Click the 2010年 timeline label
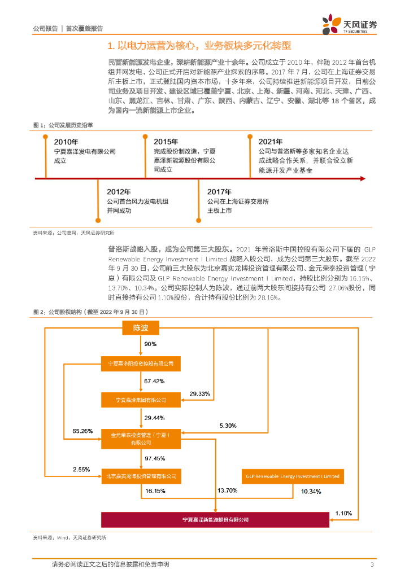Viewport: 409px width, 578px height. click(x=66, y=142)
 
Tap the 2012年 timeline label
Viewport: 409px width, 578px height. click(x=119, y=192)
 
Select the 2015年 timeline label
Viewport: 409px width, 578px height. click(x=166, y=142)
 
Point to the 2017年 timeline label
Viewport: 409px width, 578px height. click(x=219, y=192)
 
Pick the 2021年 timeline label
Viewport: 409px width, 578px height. click(x=271, y=142)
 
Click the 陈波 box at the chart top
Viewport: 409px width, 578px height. click(x=140, y=328)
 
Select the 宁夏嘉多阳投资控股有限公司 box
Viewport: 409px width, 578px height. click(x=141, y=364)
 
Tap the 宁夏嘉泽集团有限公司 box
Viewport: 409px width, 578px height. click(x=141, y=400)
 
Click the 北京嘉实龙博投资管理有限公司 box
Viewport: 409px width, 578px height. click(x=141, y=476)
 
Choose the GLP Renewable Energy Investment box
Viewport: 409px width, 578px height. click(x=293, y=476)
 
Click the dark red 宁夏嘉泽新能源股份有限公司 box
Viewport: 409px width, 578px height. click(x=215, y=519)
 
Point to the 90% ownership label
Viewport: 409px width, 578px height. click(x=150, y=344)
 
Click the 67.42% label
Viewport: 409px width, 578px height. click(x=154, y=381)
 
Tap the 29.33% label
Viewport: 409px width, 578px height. click(x=199, y=393)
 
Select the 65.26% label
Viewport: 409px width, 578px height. click(x=82, y=431)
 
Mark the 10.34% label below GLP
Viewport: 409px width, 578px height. click(x=311, y=492)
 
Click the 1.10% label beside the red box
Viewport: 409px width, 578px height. click(x=343, y=513)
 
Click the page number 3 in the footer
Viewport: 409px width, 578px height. click(x=372, y=564)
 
